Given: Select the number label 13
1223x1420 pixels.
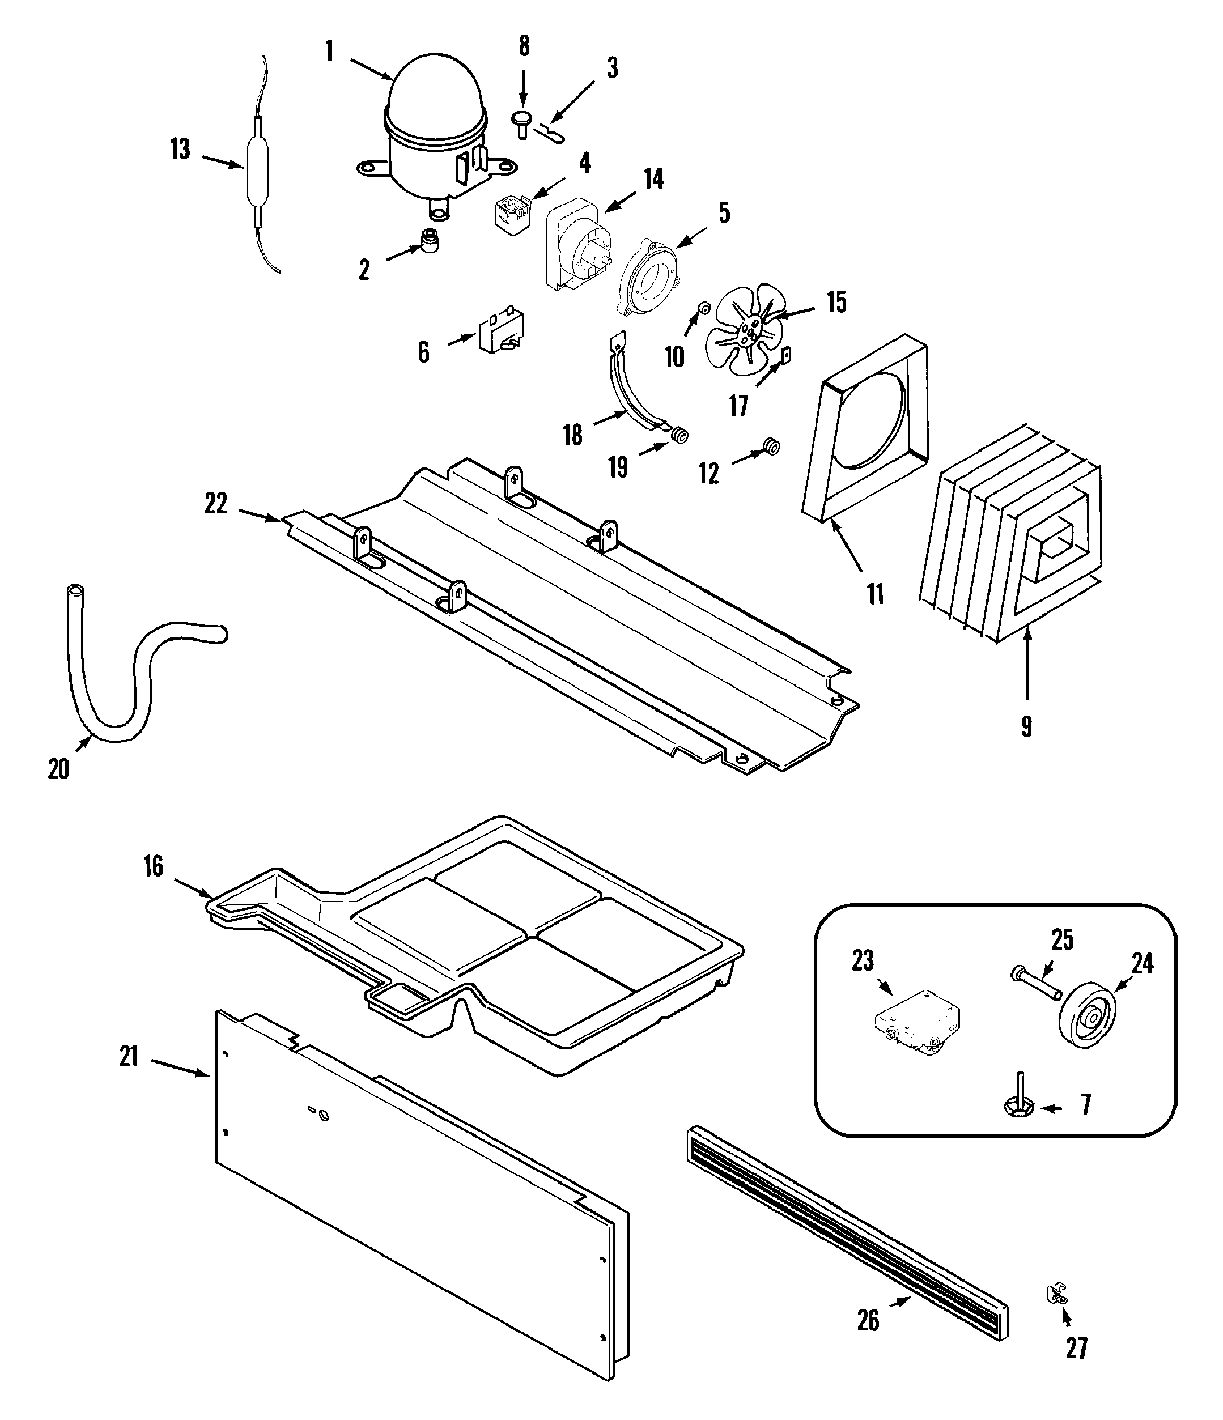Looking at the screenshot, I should pyautogui.click(x=180, y=149).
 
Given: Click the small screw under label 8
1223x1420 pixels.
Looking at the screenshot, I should pyautogui.click(x=523, y=124).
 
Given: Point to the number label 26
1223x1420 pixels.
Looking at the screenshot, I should pyautogui.click(x=868, y=1319).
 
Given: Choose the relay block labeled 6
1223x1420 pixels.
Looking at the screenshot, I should pyautogui.click(x=501, y=330).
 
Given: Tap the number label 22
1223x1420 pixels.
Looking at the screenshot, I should pyautogui.click(x=216, y=503).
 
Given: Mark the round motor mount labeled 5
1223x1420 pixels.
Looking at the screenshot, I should pyautogui.click(x=648, y=276).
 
